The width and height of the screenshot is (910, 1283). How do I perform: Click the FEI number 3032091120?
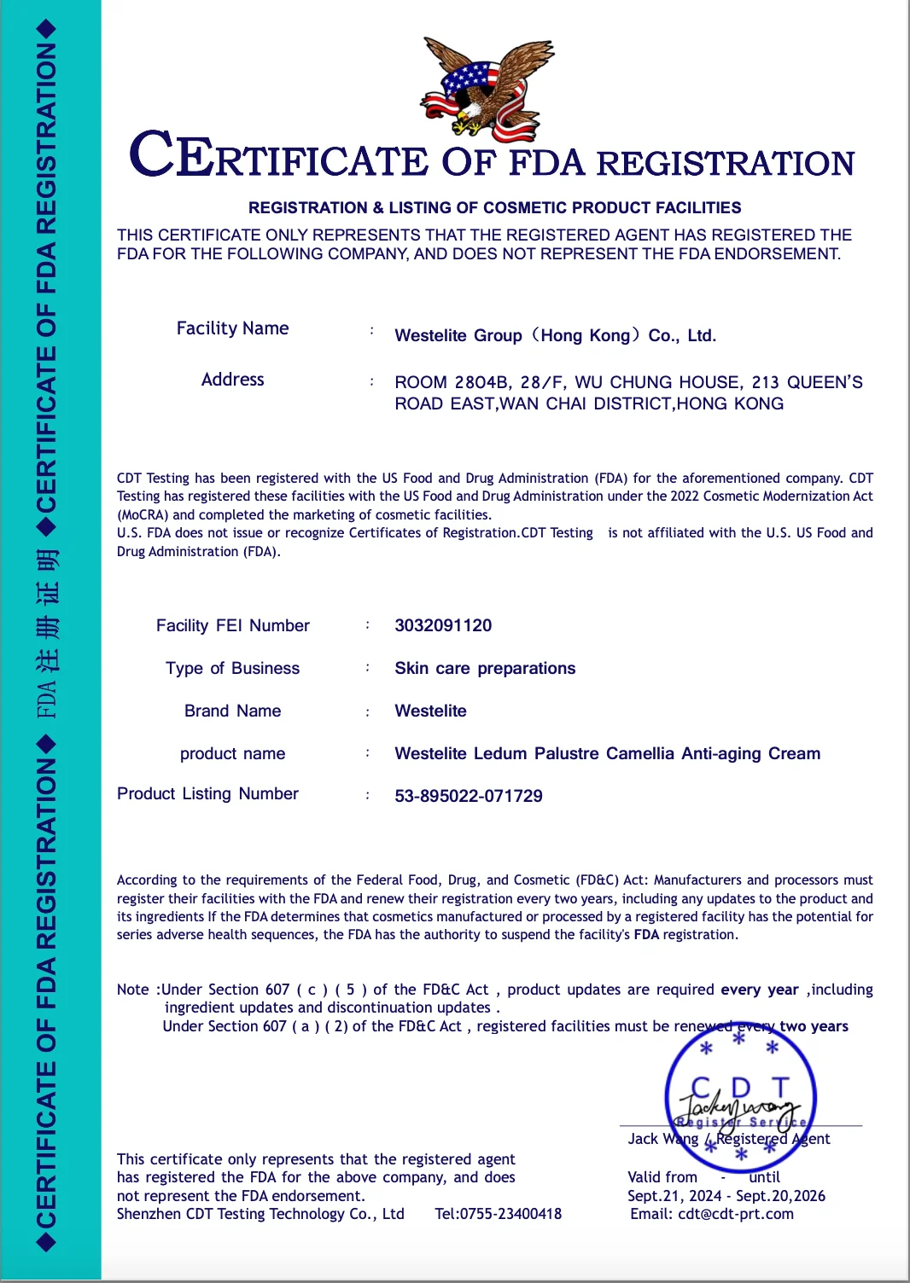point(443,625)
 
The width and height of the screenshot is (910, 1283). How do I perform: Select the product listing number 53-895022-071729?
point(469,796)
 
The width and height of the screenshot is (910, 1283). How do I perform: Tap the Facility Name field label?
point(232,328)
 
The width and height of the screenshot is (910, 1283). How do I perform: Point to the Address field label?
point(232,380)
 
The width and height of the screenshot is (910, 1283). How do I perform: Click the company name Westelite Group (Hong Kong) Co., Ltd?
point(555,335)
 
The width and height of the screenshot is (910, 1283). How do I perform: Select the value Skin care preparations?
point(485,668)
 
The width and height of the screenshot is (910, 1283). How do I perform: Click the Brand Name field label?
point(232,711)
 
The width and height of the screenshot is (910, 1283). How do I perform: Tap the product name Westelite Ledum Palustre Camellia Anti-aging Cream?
point(607,753)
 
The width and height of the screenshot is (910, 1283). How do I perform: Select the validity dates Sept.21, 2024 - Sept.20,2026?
point(726,1196)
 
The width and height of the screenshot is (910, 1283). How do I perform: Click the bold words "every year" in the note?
point(759,990)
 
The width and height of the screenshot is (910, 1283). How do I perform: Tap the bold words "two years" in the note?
point(814,1026)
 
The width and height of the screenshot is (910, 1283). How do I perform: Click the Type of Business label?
point(232,668)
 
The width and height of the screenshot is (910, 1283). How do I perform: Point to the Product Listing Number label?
point(207,794)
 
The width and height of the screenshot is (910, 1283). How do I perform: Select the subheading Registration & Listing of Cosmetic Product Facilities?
point(494,207)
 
